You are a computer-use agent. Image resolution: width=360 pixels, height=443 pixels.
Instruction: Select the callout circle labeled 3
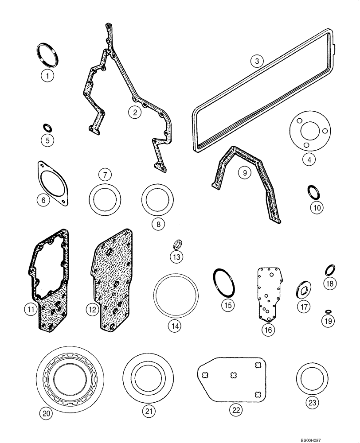[x=256, y=61]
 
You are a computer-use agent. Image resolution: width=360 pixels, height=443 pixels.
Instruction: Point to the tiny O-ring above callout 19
[x=328, y=311]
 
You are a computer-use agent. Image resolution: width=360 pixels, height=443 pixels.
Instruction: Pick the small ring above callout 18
[x=330, y=269]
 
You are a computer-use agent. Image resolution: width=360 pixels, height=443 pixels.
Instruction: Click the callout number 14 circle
[x=174, y=326]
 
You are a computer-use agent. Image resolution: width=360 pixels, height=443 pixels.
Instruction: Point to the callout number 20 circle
[x=47, y=413]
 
